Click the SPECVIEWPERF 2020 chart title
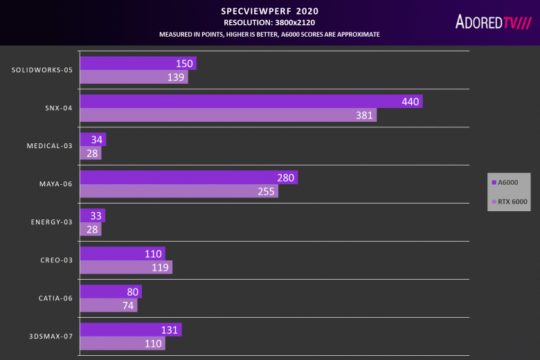pos(269,11)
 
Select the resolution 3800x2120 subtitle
pos(269,22)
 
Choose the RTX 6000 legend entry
pos(510,201)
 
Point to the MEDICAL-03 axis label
pos(50,146)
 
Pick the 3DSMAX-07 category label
pos(51,336)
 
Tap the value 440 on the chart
pos(411,102)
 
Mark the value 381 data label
pos(364,115)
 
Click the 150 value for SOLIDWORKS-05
pos(184,64)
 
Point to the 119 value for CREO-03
pos(161,267)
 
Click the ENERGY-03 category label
pos(52,222)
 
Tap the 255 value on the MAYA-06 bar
pos(266,191)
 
